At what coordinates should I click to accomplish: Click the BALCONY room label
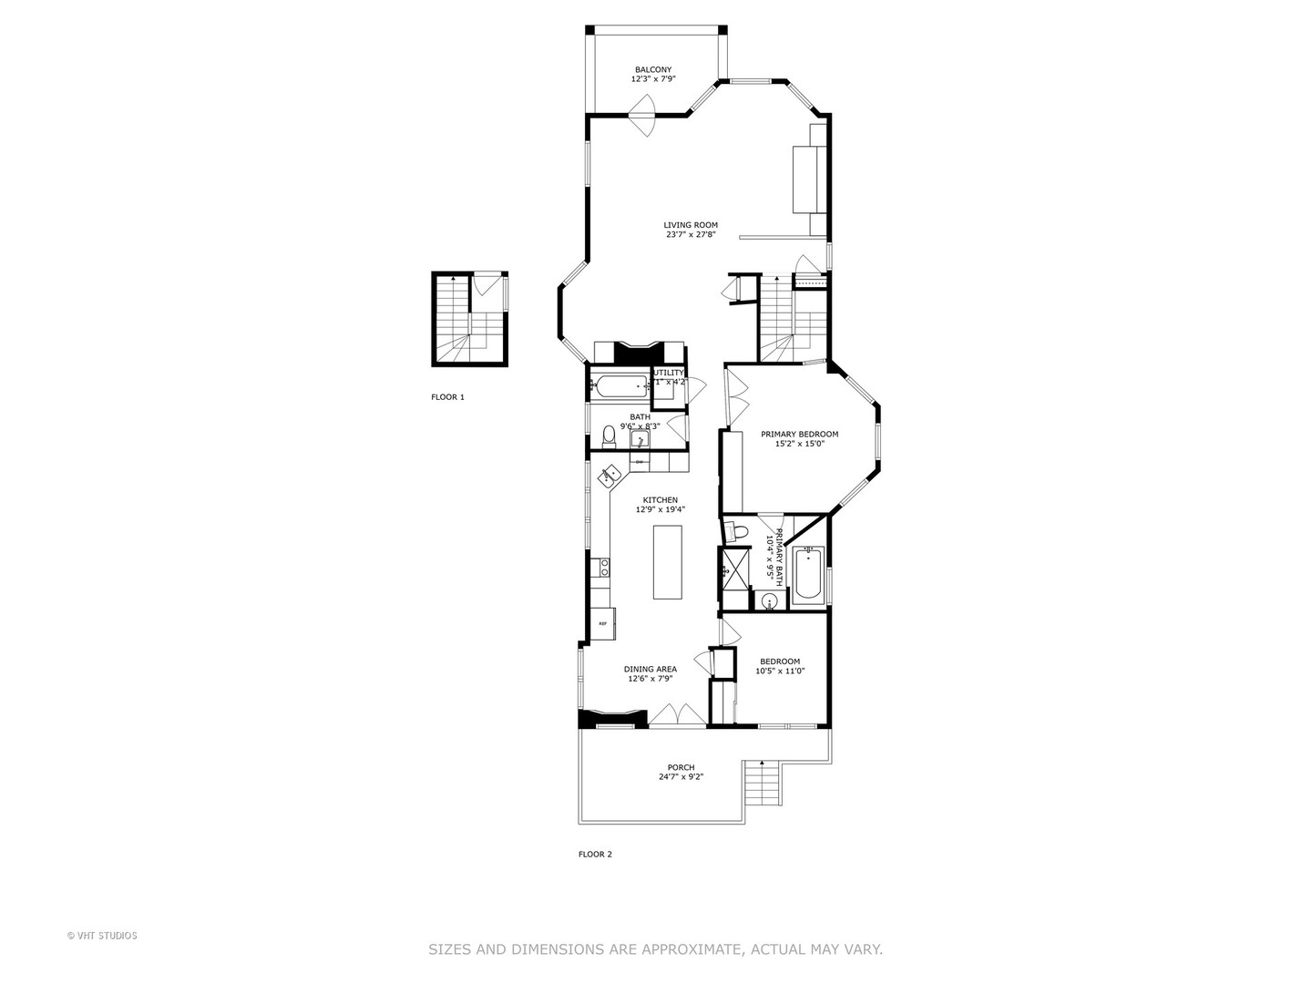[x=653, y=69]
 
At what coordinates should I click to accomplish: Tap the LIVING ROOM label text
[x=690, y=225]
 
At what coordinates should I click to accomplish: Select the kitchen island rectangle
[x=667, y=562]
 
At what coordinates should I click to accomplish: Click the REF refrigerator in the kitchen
[x=602, y=624]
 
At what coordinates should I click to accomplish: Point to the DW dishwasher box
[x=640, y=462]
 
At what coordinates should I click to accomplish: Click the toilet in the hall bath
[x=610, y=438]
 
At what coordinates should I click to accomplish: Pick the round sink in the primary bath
[x=768, y=600]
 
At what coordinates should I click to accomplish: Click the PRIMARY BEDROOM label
[x=799, y=435]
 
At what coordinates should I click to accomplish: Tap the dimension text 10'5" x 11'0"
[x=780, y=671]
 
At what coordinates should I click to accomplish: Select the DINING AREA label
[x=650, y=669]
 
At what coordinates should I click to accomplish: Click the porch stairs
[x=763, y=783]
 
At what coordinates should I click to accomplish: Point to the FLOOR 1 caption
[x=447, y=397]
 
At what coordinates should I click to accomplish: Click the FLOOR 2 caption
[x=595, y=855]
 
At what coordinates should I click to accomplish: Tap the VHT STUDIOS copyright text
[x=102, y=936]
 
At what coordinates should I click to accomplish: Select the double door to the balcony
[x=642, y=116]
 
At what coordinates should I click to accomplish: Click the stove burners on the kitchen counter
[x=603, y=568]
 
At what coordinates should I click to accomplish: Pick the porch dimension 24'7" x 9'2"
[x=681, y=777]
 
